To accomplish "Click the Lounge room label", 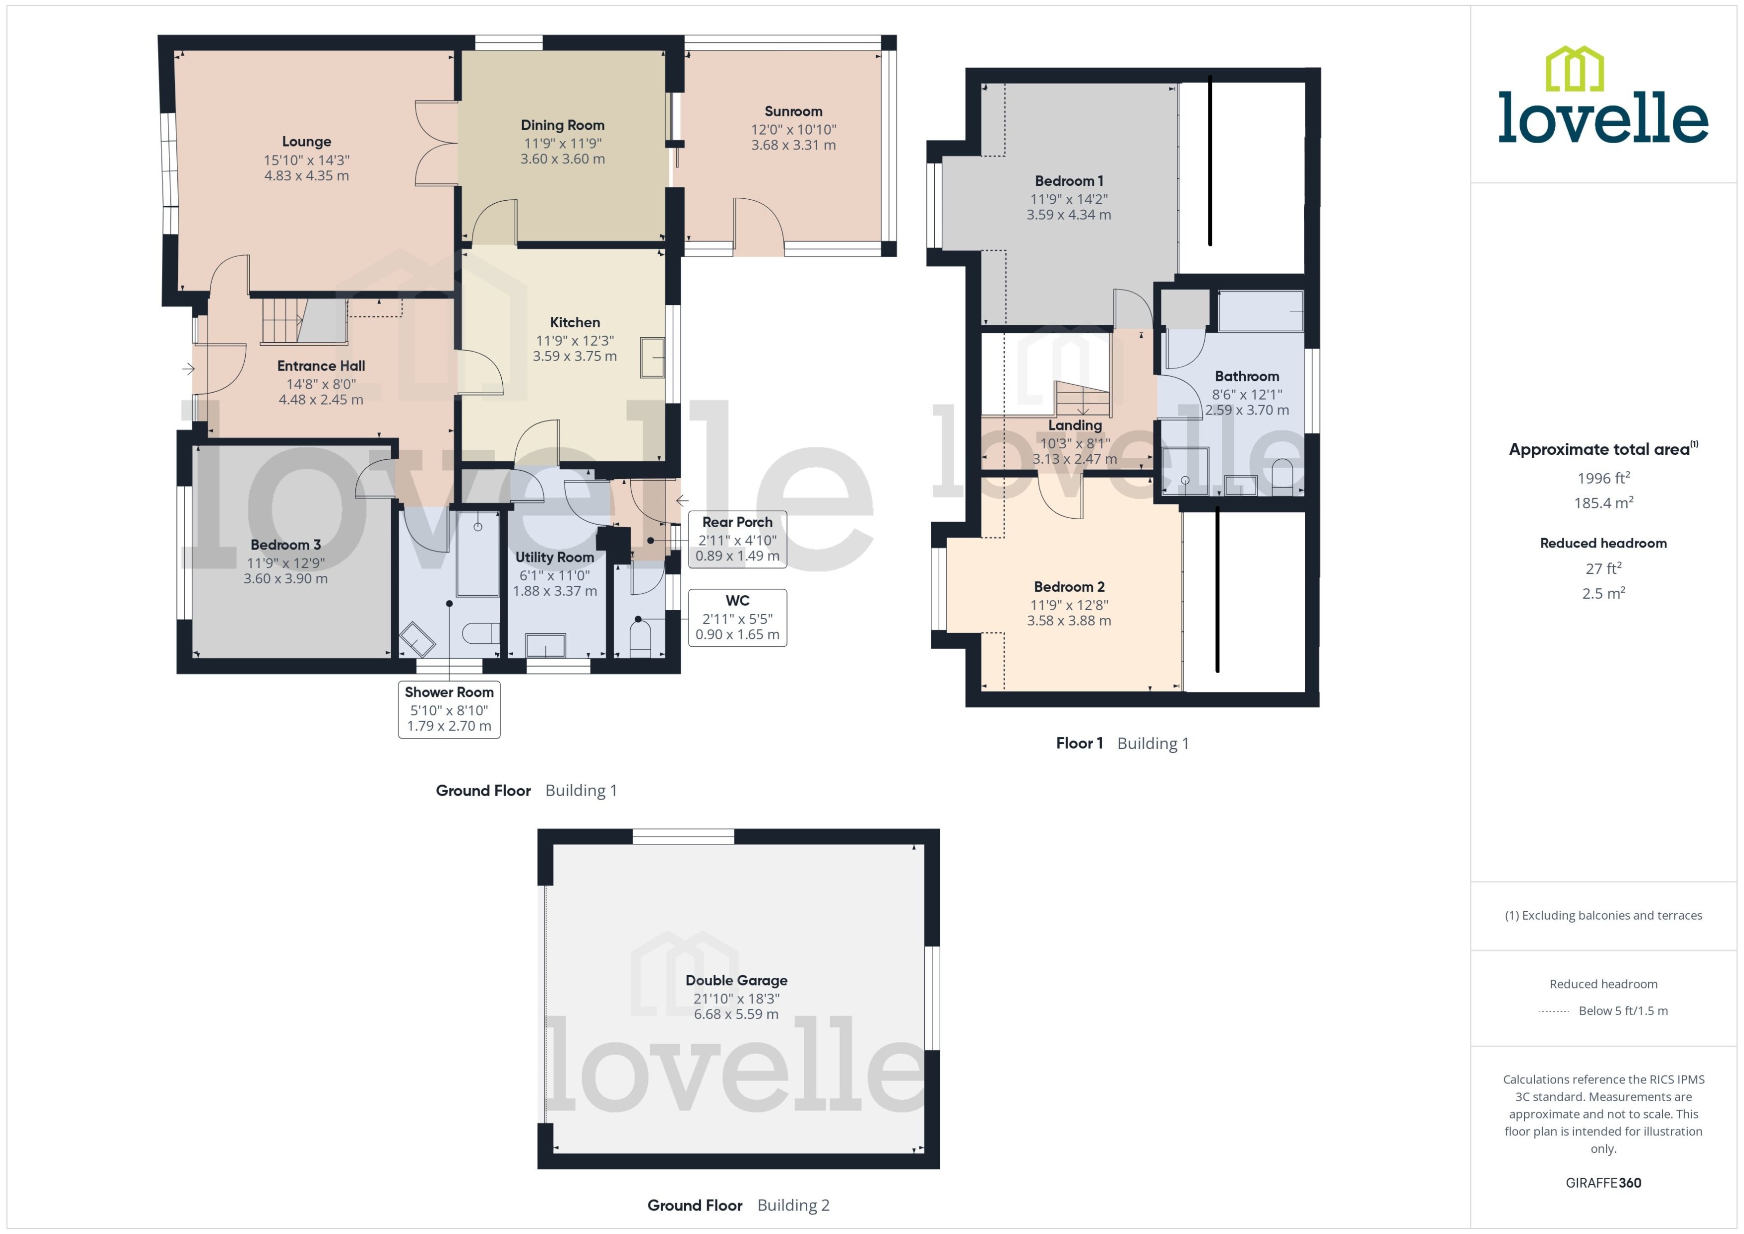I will click(306, 141).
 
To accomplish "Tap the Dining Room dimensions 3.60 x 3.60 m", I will click(563, 159).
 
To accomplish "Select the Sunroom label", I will click(793, 112).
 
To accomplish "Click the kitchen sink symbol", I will click(652, 357).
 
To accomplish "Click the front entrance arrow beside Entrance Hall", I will click(188, 369).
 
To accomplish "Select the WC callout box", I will click(736, 618).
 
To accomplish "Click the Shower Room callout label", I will click(448, 692).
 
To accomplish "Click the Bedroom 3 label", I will click(285, 545).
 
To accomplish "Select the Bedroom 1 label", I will click(1068, 181).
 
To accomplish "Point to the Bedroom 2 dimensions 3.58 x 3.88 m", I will click(1068, 621).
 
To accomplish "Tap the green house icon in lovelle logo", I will click(1575, 68).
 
